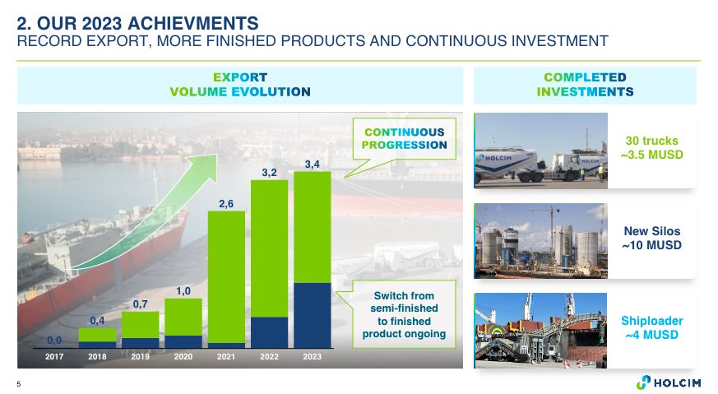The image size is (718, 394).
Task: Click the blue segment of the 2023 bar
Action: point(313,315)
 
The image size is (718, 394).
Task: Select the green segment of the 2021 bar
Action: point(226,277)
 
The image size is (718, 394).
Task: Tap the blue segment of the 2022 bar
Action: point(269,332)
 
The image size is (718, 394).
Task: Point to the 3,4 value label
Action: point(313,164)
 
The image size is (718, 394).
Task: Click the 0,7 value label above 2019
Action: point(140,304)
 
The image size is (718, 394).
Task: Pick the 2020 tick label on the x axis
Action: point(183,356)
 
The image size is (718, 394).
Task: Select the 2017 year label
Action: point(54,356)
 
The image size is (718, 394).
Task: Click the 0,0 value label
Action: point(54,341)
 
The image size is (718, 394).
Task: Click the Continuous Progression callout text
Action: point(405,138)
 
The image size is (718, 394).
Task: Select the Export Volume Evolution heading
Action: point(240,85)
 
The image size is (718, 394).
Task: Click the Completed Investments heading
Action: point(586,85)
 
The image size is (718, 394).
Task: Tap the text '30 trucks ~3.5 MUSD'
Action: point(652,147)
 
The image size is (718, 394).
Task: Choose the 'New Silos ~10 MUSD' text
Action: point(652,239)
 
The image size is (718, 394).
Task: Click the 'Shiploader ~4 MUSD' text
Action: point(652,327)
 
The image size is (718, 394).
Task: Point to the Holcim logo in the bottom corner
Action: point(669,382)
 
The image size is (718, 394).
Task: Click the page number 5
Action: point(19,384)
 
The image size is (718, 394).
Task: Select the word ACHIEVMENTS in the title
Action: point(192,23)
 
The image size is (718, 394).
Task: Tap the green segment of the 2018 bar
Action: point(97,335)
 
